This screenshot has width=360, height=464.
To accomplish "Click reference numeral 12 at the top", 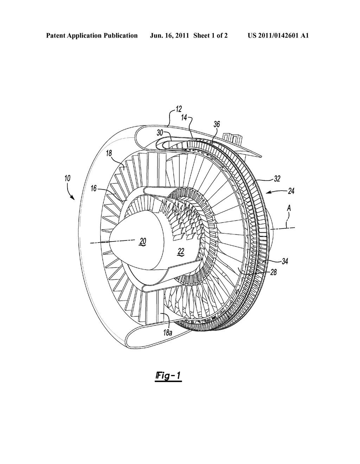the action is pos(179,109).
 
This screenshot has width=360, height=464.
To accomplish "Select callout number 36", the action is pos(217,124).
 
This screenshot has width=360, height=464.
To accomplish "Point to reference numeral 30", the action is pos(160,133).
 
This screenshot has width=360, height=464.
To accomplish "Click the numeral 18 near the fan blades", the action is pos(109,153).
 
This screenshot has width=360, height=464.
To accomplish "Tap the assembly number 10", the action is pos(67,178).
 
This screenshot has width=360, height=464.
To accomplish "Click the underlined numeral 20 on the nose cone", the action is pos(143,242).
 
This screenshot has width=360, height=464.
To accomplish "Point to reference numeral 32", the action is pos(277,179).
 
